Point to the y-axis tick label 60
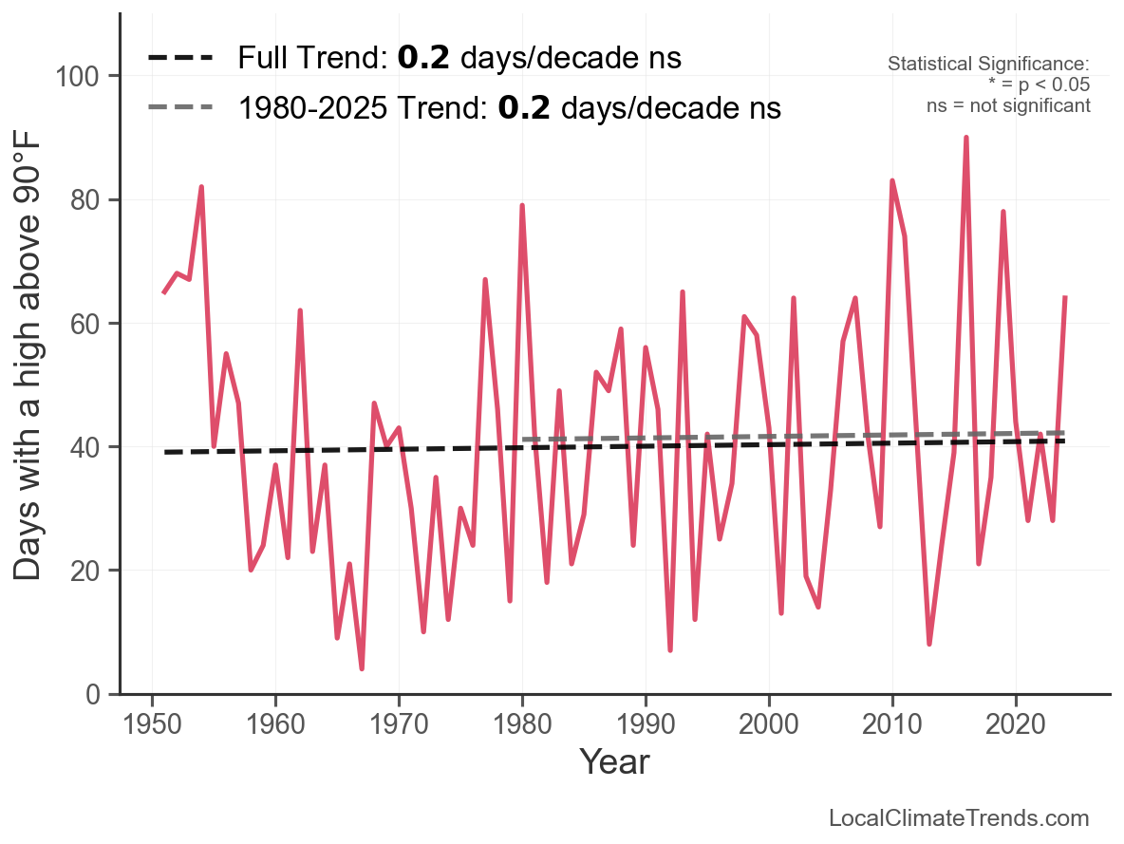pyautogui.click(x=86, y=324)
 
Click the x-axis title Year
pyautogui.click(x=614, y=761)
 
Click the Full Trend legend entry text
pyautogui.click(x=459, y=58)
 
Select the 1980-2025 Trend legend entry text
pyautogui.click(x=509, y=108)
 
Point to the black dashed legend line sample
pyautogui.click(x=180, y=59)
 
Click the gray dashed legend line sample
pyautogui.click(x=180, y=108)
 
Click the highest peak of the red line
pyautogui.click(x=966, y=138)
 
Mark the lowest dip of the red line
pyautogui.click(x=362, y=668)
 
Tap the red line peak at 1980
pyautogui.click(x=522, y=205)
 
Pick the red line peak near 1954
pyautogui.click(x=201, y=187)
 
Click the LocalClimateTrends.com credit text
pyautogui.click(x=959, y=818)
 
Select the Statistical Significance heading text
pyautogui.click(x=988, y=65)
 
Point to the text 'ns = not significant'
pyautogui.click(x=1008, y=105)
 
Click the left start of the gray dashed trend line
pyautogui.click(x=523, y=440)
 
